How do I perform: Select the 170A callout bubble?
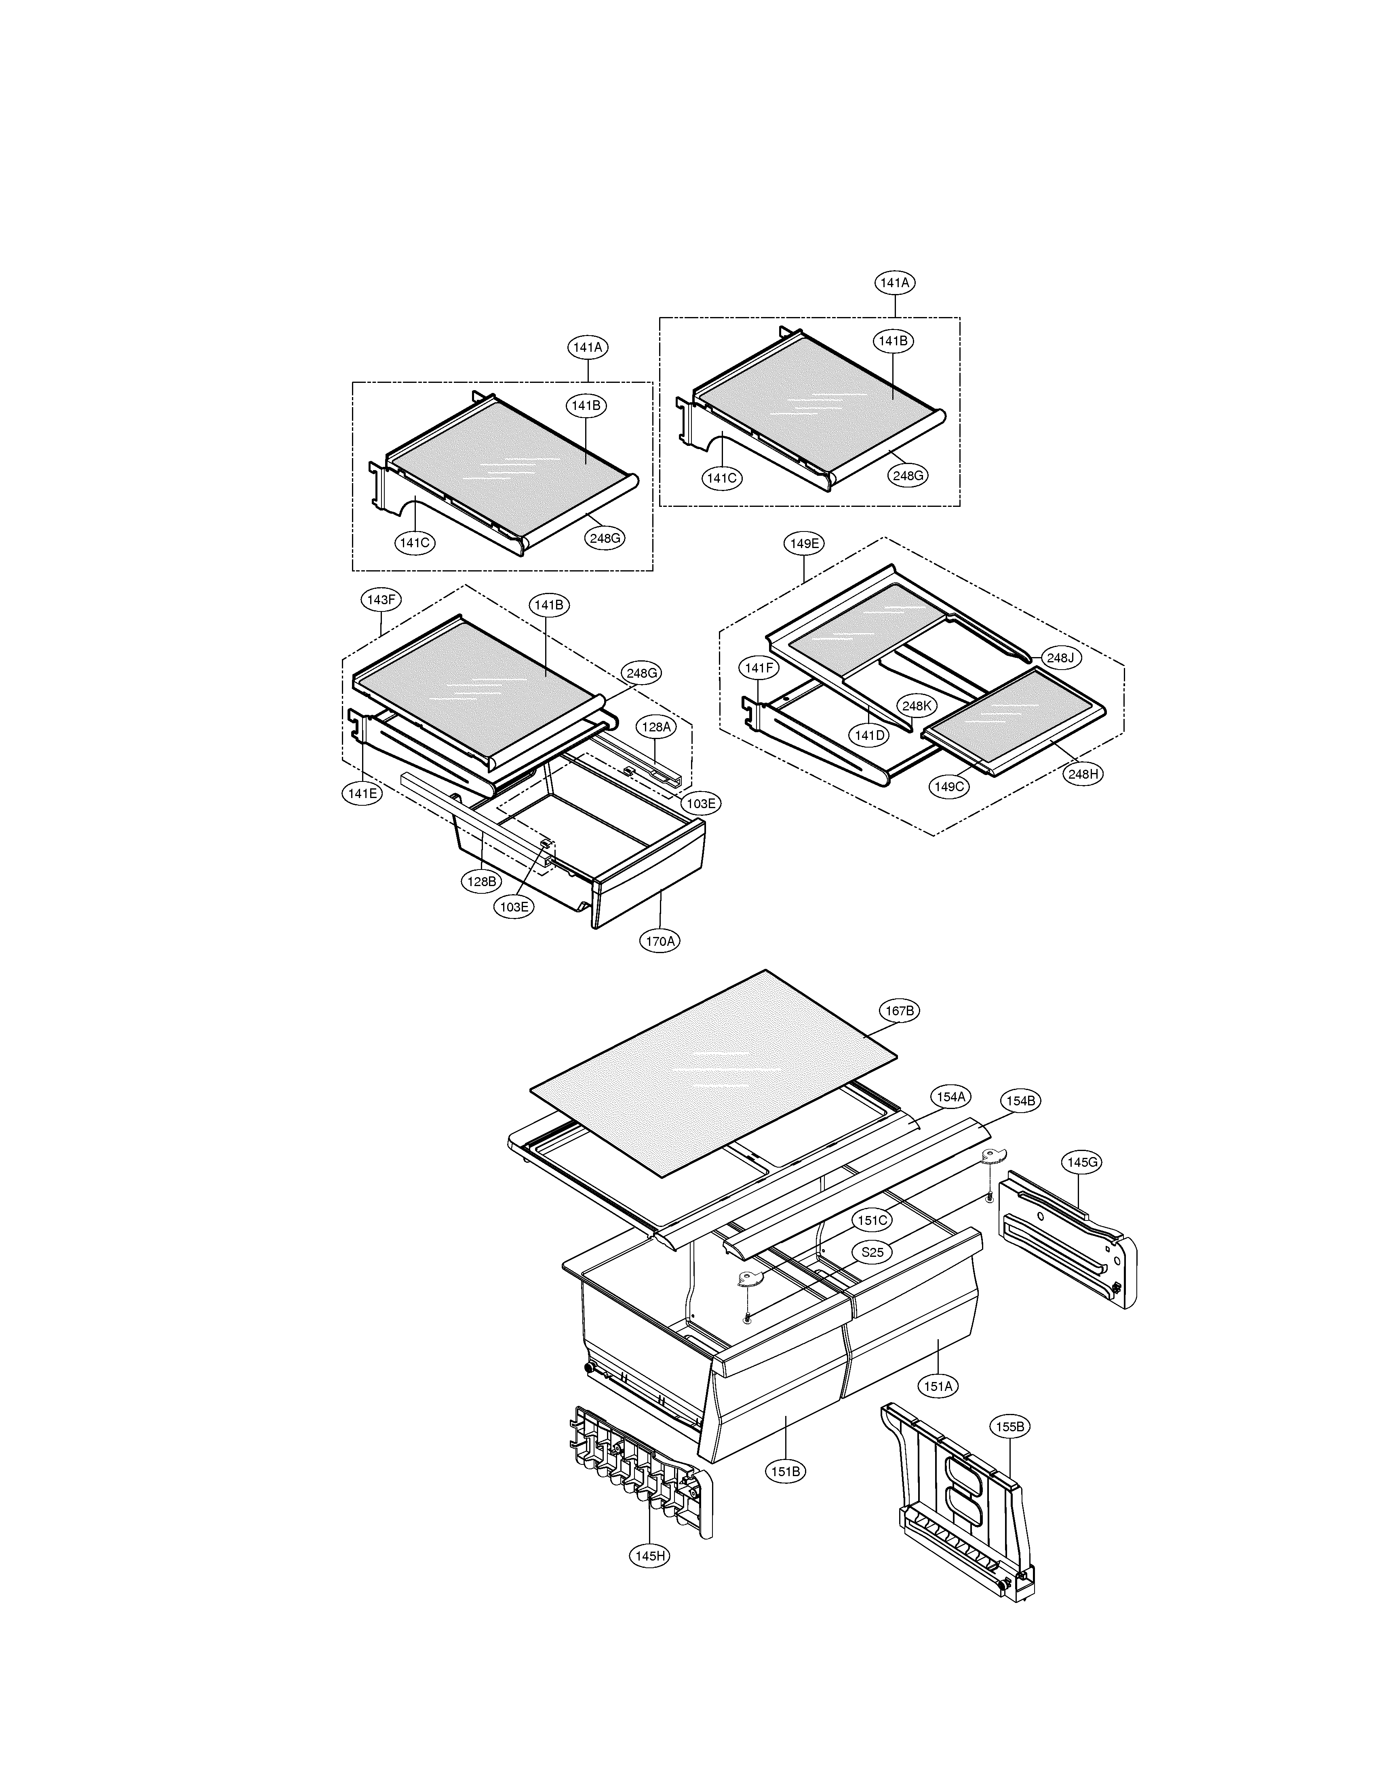pos(660,941)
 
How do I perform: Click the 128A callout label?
pos(656,727)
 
